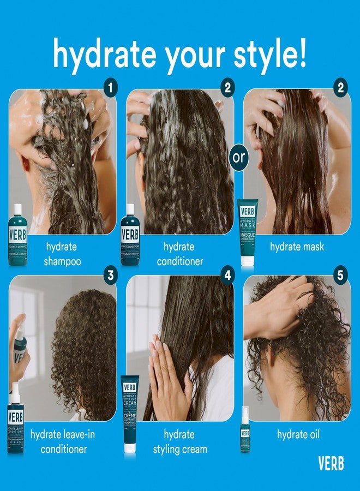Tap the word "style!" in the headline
click(x=265, y=53)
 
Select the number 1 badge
click(x=111, y=86)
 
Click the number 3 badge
click(x=111, y=275)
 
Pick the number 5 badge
click(x=341, y=275)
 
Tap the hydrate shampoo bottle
click(x=17, y=236)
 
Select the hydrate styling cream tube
click(x=129, y=414)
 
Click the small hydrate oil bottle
click(x=245, y=429)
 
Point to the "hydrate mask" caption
click(x=297, y=247)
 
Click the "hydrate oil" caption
click(x=298, y=435)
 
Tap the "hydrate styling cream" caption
click(x=179, y=442)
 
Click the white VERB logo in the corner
click(x=331, y=463)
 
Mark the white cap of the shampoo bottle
click(x=17, y=209)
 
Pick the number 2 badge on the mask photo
click(x=341, y=86)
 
